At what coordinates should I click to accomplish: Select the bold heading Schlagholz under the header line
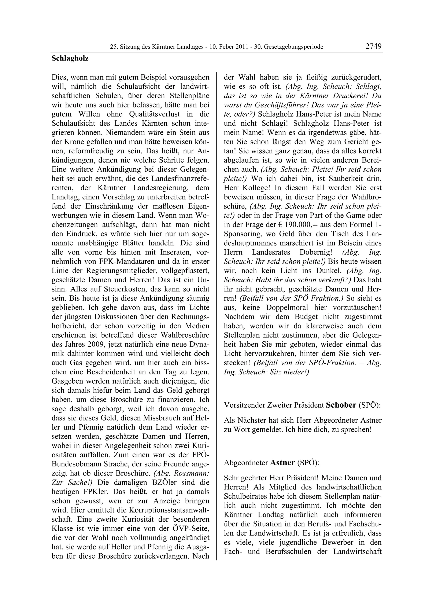(x=70, y=58)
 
